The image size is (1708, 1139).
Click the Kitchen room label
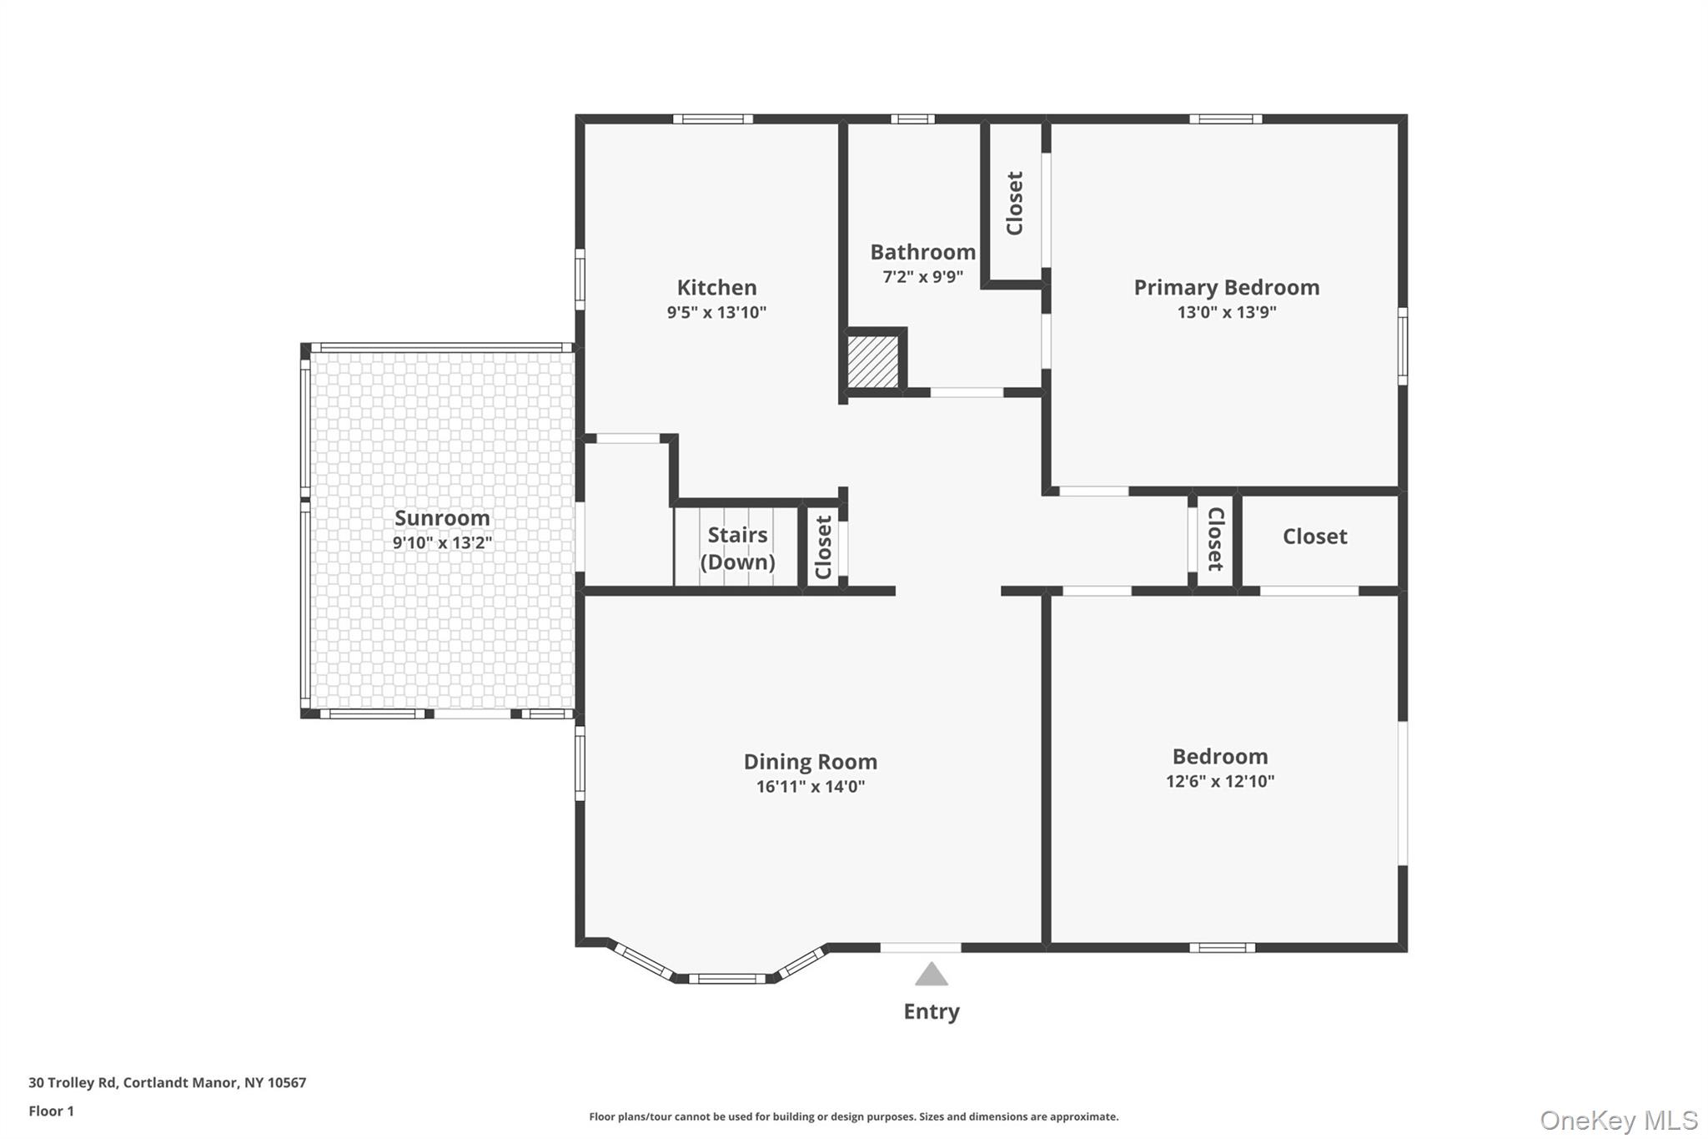[716, 288]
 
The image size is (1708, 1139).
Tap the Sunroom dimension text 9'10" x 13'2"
[442, 543]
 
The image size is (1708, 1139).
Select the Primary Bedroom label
[1226, 288]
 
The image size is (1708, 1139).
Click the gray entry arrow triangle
[931, 975]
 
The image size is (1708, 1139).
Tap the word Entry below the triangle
[931, 1011]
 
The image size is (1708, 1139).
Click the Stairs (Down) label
[737, 548]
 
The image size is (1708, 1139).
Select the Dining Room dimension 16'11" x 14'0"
[810, 787]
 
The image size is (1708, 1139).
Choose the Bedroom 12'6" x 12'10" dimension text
[1219, 782]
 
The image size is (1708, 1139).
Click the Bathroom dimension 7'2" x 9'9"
[922, 277]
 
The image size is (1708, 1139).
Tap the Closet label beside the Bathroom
[1014, 203]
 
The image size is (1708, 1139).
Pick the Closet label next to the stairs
[823, 547]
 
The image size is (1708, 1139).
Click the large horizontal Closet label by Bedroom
[1314, 537]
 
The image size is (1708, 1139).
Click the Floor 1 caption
[51, 1111]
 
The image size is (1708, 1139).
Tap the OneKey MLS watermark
[1618, 1120]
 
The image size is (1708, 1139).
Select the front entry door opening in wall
[921, 947]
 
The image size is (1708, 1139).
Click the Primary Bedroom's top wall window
[1225, 119]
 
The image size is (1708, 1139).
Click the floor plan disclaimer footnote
[853, 1116]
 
